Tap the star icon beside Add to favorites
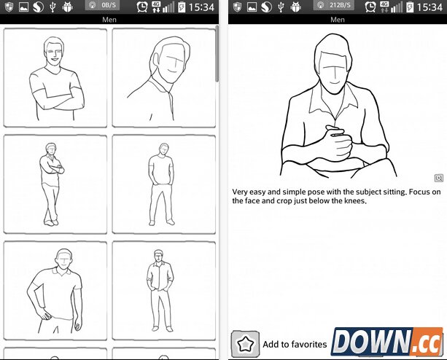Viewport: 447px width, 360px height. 245,344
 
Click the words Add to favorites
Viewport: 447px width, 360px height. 295,345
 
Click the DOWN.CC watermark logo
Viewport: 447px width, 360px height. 387,342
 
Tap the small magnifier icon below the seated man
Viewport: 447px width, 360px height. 439,178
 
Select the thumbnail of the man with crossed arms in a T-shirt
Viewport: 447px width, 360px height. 55,78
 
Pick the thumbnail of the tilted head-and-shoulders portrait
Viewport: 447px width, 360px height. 164,78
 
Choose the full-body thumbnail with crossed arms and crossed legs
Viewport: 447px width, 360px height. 55,184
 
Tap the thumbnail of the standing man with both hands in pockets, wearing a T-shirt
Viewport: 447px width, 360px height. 164,184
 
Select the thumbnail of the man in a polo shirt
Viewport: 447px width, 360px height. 55,291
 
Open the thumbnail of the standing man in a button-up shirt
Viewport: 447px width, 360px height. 164,291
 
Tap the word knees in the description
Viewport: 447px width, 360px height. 355,201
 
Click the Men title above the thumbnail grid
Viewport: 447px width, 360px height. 109,20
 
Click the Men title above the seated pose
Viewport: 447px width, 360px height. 338,20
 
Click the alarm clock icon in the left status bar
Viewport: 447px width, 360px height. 141,7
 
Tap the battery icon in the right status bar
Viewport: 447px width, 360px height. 409,7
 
